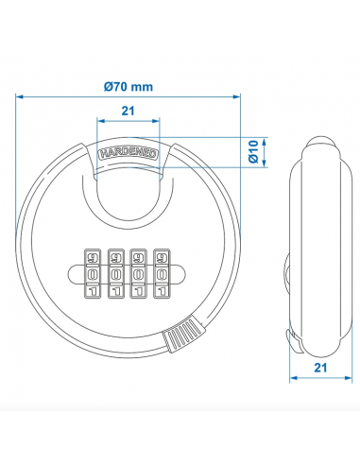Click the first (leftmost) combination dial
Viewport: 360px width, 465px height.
[92, 273]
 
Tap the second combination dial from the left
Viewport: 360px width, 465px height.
[116, 273]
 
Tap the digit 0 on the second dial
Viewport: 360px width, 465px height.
[116, 273]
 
